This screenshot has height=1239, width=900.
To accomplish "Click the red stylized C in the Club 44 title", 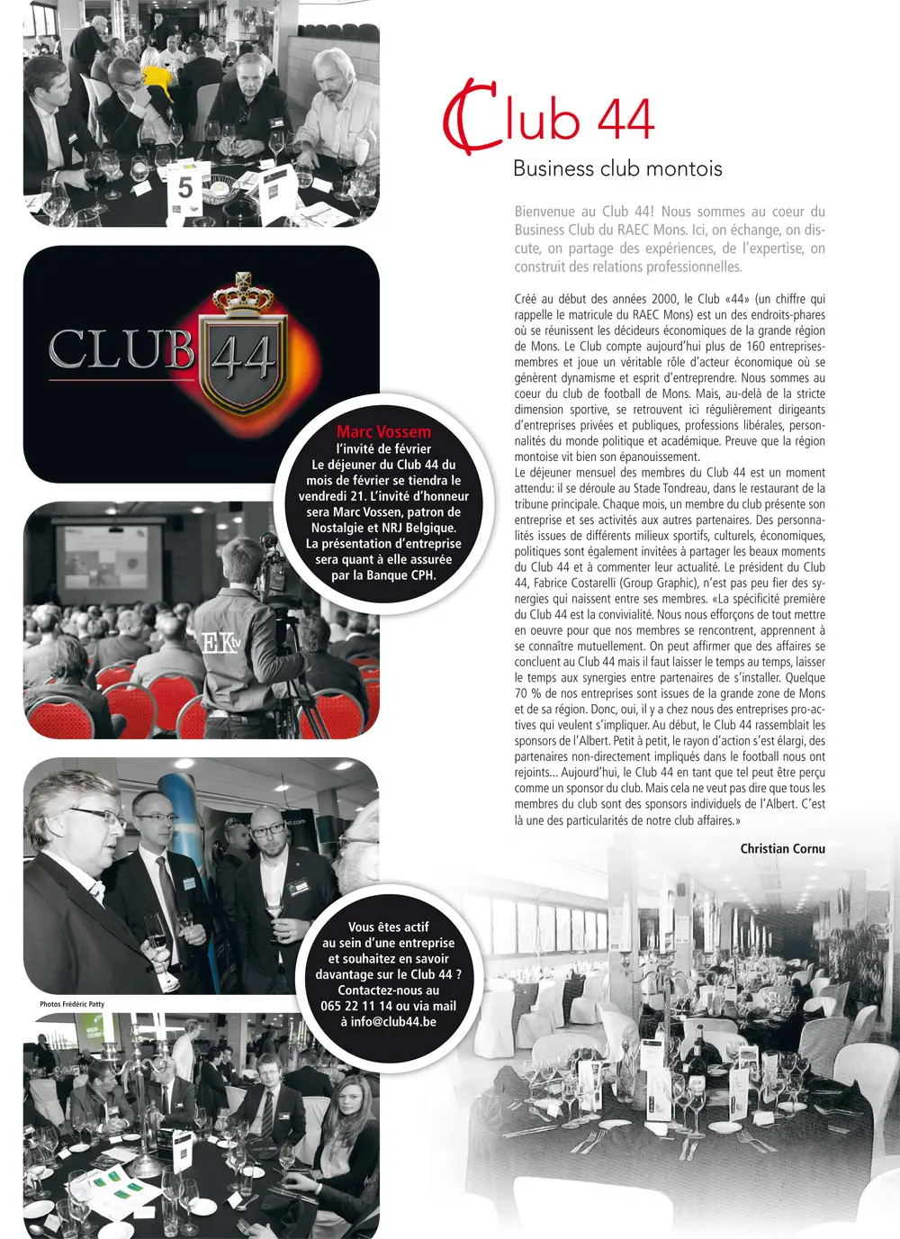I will click(x=469, y=117).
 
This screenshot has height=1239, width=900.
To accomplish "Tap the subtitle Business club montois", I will click(x=617, y=168).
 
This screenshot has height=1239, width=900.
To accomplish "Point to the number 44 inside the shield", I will click(x=244, y=357).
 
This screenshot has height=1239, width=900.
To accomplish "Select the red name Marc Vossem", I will click(x=383, y=431).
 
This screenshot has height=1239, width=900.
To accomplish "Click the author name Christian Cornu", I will click(x=782, y=848).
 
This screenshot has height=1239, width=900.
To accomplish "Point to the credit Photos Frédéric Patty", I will click(x=72, y=1004).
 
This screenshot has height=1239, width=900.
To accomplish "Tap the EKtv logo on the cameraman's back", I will click(x=221, y=643).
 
